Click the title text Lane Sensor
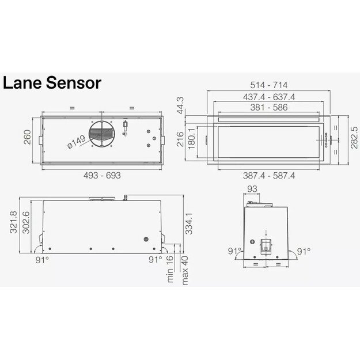point(52,82)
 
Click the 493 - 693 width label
point(102,176)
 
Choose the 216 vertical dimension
point(180,139)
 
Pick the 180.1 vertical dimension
point(192,139)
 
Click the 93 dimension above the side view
point(252,190)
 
